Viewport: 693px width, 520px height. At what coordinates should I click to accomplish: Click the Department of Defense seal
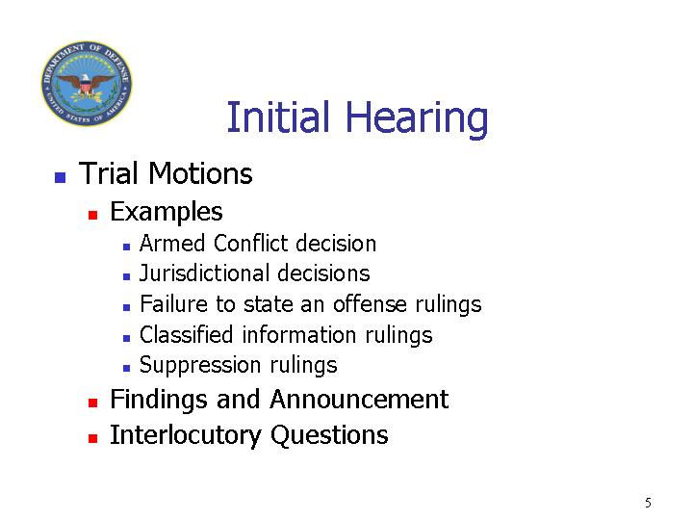pos(87,83)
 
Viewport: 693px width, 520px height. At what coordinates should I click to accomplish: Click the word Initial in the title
pos(278,117)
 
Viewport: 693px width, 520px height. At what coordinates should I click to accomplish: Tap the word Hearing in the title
pos(417,119)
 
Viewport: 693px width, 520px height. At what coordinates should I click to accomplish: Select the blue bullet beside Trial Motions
pos(60,177)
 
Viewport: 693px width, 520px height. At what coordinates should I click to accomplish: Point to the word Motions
pos(200,173)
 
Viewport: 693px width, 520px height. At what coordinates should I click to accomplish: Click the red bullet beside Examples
pos(92,215)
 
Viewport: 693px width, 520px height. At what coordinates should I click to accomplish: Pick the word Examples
pos(167,212)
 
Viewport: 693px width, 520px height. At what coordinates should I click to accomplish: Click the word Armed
pos(173,244)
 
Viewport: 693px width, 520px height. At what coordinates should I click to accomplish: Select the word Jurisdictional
pos(205,273)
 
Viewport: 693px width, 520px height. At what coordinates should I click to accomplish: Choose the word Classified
pos(186,335)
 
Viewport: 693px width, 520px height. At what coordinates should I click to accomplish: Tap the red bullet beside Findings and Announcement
pos(92,403)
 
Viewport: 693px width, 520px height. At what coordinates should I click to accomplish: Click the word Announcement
pos(359,400)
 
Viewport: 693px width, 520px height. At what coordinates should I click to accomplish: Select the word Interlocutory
pos(186,435)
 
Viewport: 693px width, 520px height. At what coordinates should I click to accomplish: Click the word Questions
pos(329,435)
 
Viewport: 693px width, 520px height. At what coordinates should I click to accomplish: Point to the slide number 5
pos(648,503)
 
